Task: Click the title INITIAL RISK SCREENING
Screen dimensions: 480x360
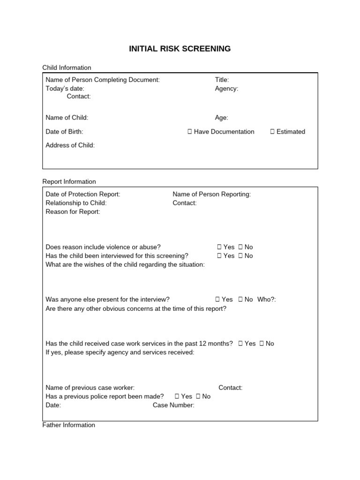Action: click(180, 49)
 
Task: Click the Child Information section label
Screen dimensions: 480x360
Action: click(67, 68)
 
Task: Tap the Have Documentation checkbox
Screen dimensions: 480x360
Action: click(189, 132)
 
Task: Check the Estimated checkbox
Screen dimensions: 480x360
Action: click(272, 132)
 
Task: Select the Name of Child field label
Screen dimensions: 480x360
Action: click(67, 118)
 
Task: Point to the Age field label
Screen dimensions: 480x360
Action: click(222, 118)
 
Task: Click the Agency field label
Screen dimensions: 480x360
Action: click(226, 88)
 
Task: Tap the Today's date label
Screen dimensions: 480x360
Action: click(65, 88)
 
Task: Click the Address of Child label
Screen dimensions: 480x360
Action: click(70, 145)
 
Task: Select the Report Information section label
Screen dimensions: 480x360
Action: click(69, 182)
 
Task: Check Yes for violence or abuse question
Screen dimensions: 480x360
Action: click(219, 247)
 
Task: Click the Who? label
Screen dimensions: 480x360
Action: click(267, 300)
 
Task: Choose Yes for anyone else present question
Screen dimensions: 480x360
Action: click(217, 300)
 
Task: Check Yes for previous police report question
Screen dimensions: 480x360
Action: click(177, 397)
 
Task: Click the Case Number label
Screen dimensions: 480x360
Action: click(173, 405)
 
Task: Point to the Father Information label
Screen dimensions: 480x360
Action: click(68, 425)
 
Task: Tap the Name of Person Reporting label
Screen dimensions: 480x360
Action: click(211, 195)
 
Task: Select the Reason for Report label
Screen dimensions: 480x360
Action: click(73, 212)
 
